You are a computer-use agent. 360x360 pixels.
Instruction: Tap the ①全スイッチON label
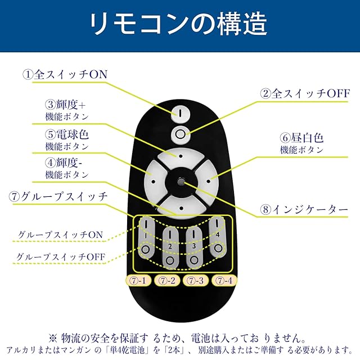point(64,74)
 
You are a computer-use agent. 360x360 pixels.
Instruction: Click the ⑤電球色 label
point(67,135)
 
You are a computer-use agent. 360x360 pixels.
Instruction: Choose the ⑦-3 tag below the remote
point(195,280)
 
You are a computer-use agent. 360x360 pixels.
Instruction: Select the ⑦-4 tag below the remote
point(223,280)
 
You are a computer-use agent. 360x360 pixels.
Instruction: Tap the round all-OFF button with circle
point(180,133)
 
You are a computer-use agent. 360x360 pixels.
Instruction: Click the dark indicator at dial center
point(180,181)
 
